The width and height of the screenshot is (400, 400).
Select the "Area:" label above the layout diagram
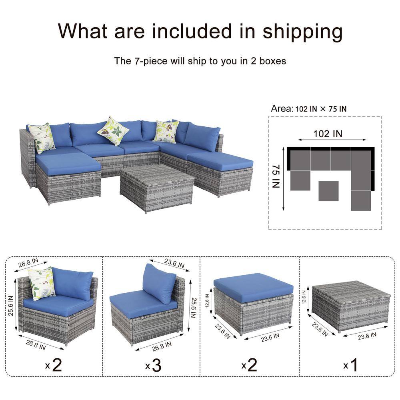pyautogui.click(x=282, y=108)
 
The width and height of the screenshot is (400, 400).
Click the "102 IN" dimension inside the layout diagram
pyautogui.click(x=328, y=134)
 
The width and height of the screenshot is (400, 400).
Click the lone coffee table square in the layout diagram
pyautogui.click(x=328, y=191)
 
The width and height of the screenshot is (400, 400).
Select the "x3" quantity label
pyautogui.click(x=154, y=365)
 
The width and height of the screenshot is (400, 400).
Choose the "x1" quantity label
pyautogui.click(x=350, y=365)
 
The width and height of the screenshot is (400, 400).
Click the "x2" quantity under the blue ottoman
pyautogui.click(x=250, y=365)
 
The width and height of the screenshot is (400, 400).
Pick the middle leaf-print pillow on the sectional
pyautogui.click(x=113, y=130)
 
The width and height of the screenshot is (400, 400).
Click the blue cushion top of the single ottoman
pyautogui.click(x=253, y=287)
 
